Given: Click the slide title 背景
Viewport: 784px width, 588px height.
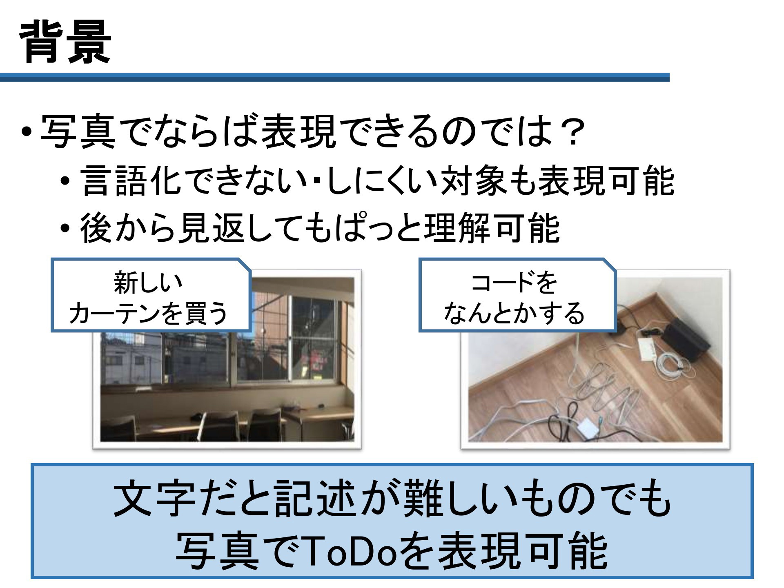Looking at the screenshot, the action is coord(65,43).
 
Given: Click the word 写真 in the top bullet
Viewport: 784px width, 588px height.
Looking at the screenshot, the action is coord(78,133).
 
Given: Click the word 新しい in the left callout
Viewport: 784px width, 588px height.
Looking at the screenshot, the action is coord(147,283).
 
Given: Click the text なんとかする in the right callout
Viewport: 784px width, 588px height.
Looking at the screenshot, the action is coord(514,314).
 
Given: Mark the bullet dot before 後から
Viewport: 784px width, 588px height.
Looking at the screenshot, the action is coord(65,229).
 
